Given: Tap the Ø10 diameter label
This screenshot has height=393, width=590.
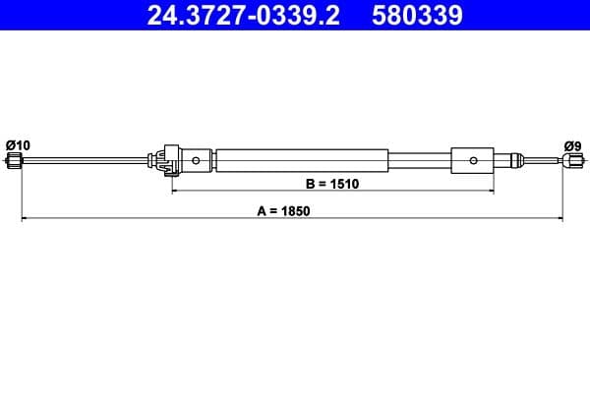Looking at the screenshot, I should pos(18,144).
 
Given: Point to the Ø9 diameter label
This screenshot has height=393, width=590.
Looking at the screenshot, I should pos(571,144).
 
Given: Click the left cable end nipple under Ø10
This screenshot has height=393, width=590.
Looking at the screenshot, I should pos(14,161).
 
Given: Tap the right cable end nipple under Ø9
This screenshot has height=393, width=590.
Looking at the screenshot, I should pos(568,161).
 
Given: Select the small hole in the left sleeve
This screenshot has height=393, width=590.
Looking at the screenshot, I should pos(198,160).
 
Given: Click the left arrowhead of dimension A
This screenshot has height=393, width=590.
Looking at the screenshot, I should pos(25,218).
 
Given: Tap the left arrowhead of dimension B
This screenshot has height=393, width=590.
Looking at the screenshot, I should pos(176,192).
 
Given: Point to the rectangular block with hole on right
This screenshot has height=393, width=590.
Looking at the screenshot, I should pos(472,160).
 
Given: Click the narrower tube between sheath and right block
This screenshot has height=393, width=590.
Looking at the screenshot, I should pos(420,160).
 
